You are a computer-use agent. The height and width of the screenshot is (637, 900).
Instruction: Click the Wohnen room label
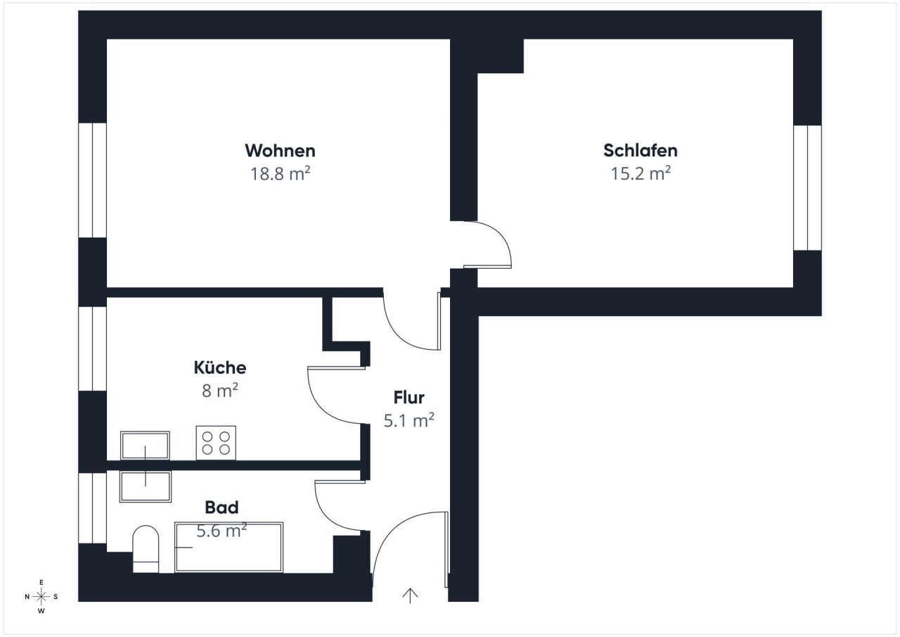click(280, 151)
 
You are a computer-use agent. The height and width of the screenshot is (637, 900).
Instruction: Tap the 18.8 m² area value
click(280, 174)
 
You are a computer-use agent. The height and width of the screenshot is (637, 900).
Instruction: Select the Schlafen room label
click(640, 151)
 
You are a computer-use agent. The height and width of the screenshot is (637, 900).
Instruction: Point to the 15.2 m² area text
click(640, 174)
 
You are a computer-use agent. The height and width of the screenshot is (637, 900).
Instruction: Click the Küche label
click(219, 367)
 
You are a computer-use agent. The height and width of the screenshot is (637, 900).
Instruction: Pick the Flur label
click(409, 398)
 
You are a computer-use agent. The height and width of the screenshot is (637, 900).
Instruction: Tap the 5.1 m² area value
click(409, 421)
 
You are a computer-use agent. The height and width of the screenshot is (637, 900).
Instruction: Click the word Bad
click(221, 507)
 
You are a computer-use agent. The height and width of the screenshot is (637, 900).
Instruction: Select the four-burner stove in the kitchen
click(216, 443)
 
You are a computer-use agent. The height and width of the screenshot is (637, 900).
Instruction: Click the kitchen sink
click(145, 446)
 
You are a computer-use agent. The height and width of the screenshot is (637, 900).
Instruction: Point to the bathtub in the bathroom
click(229, 547)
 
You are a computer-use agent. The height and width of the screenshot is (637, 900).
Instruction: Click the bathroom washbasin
click(145, 486)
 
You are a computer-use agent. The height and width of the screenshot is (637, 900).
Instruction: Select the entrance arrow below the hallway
click(410, 595)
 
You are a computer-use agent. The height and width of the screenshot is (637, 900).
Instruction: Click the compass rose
click(41, 597)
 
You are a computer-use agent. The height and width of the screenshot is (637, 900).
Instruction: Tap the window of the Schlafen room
click(807, 188)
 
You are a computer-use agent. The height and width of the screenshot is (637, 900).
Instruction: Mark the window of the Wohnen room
click(92, 180)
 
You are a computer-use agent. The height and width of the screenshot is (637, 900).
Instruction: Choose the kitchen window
click(92, 348)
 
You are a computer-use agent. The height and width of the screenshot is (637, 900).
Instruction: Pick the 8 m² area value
click(219, 391)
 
